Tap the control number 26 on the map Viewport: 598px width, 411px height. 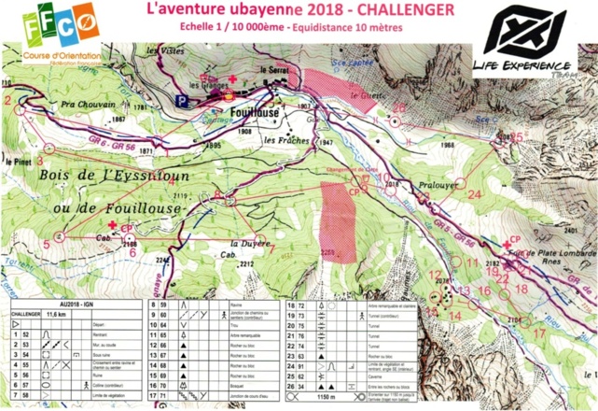pos(400,107)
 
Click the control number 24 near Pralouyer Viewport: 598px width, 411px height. pos(475,194)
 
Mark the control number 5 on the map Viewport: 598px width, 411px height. pos(46,245)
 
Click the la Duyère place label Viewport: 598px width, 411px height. pos(254,240)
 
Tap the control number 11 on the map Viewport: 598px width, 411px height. pos(472,262)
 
